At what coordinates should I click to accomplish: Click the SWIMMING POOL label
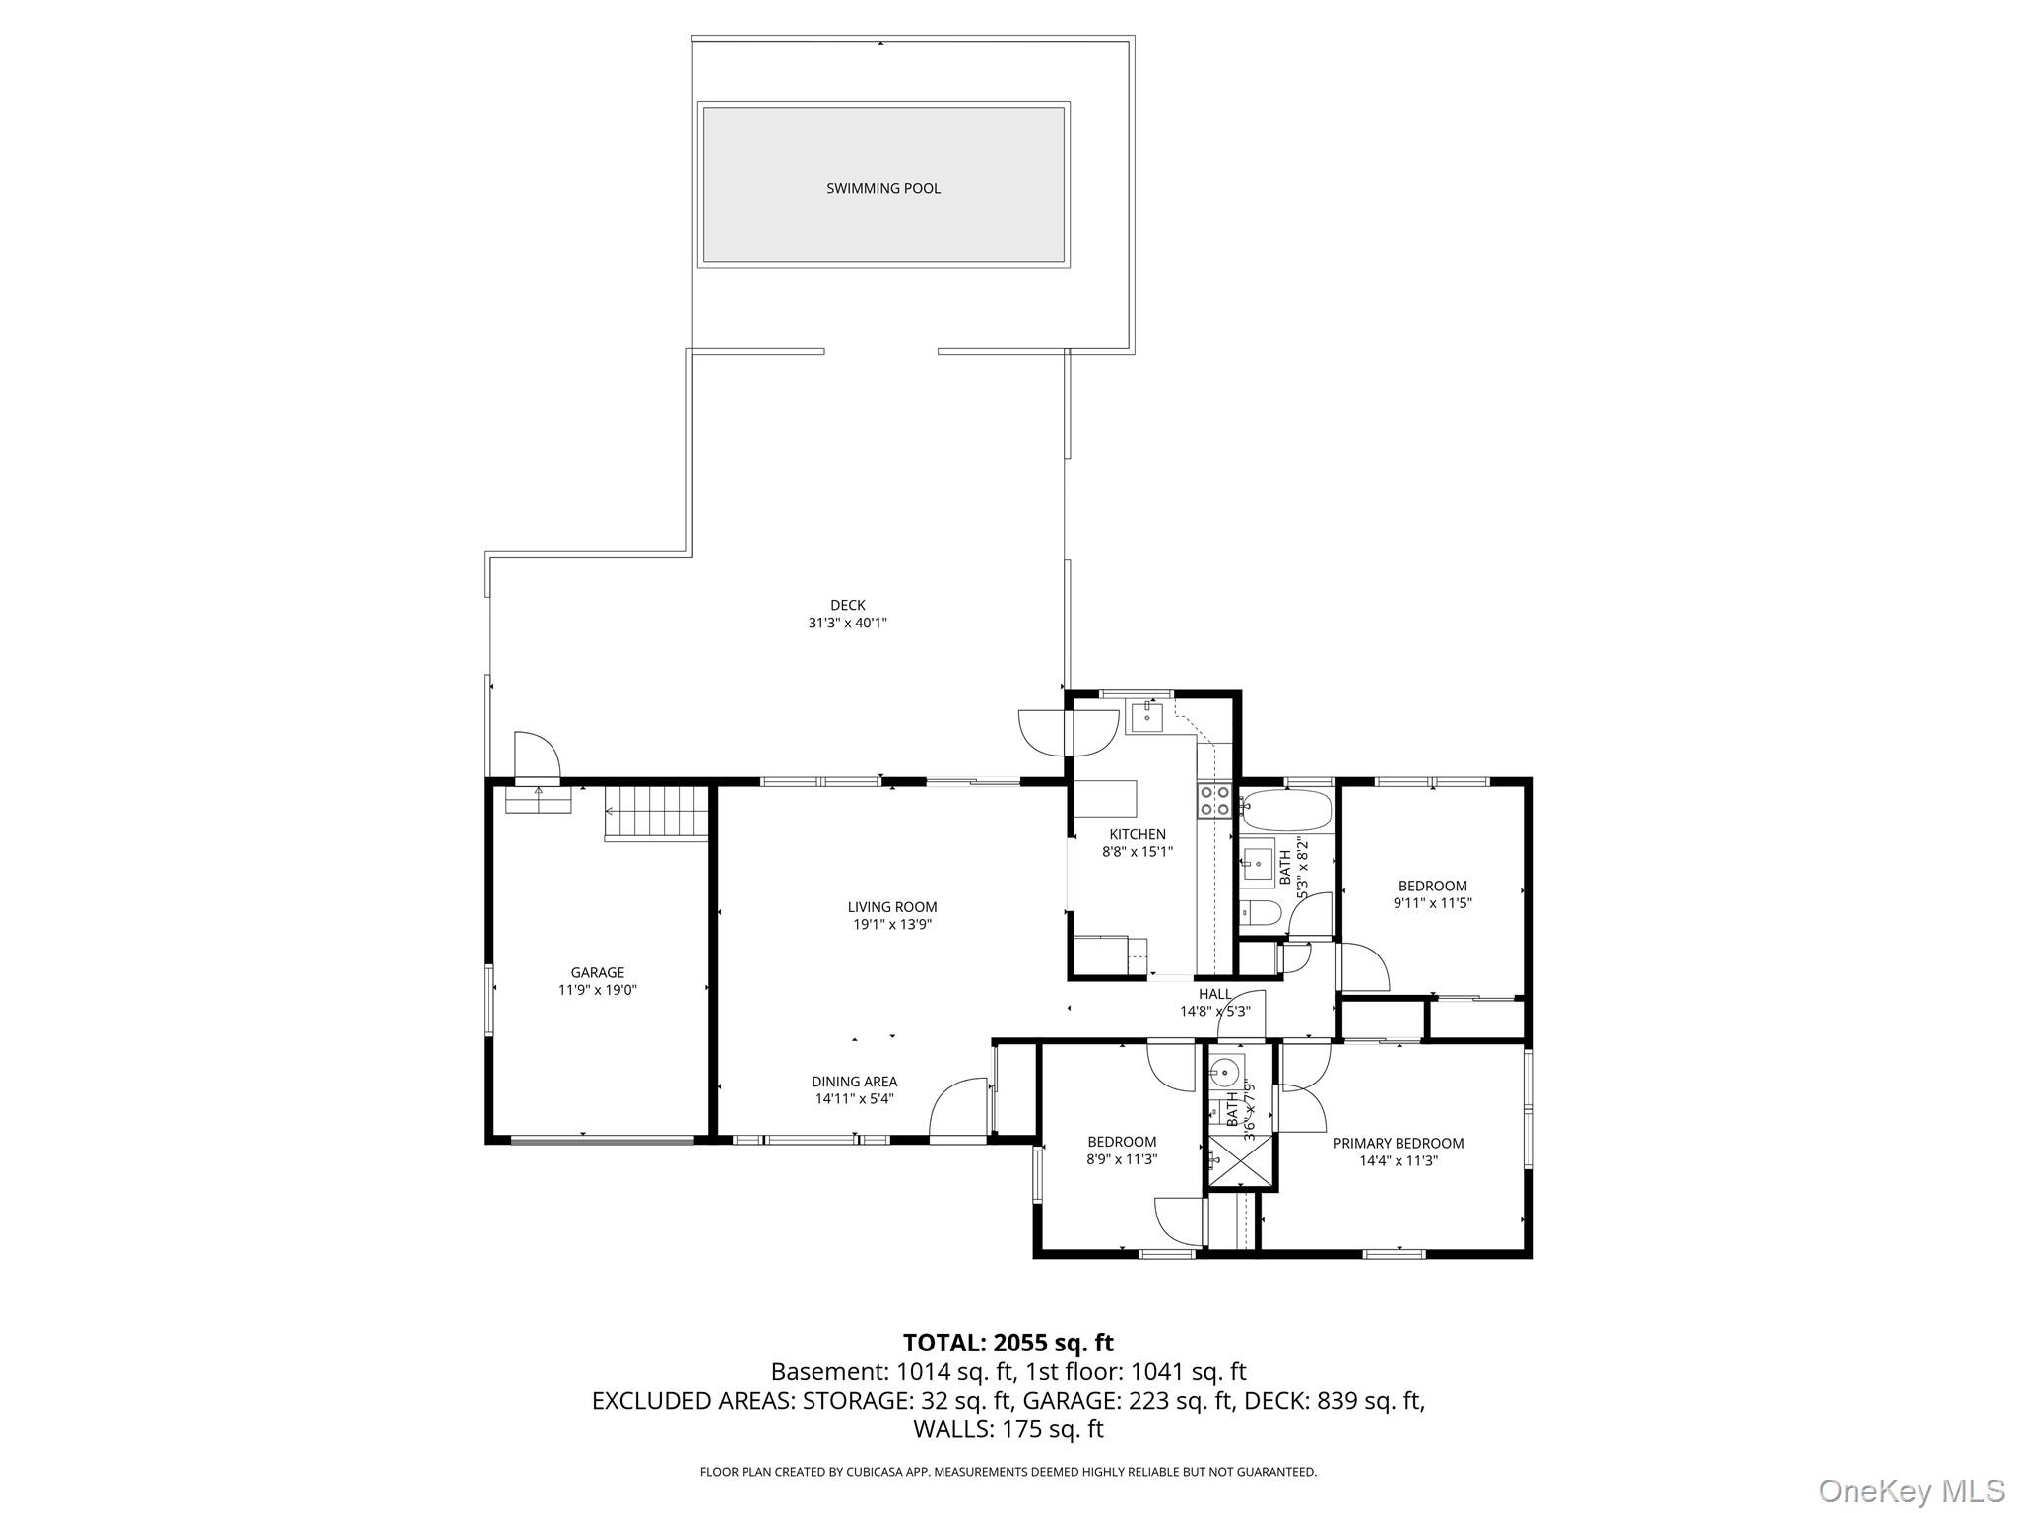pyautogui.click(x=882, y=188)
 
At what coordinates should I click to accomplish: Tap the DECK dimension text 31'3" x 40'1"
pyautogui.click(x=847, y=623)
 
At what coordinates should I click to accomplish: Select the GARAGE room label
pyautogui.click(x=597, y=972)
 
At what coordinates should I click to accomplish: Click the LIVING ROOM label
pyautogui.click(x=892, y=907)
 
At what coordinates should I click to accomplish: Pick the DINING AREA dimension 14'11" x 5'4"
pyautogui.click(x=854, y=1099)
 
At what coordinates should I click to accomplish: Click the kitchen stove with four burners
pyautogui.click(x=1214, y=800)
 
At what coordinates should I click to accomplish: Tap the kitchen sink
pyautogui.click(x=1146, y=718)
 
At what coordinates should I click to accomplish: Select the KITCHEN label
pyautogui.click(x=1138, y=834)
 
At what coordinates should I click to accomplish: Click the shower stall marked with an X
pyautogui.click(x=1241, y=1163)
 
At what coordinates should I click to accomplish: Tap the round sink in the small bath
pyautogui.click(x=1226, y=1070)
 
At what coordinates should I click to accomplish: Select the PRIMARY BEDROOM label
pyautogui.click(x=1398, y=1143)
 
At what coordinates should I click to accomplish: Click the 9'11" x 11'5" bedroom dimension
pyautogui.click(x=1432, y=902)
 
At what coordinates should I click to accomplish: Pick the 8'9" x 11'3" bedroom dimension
pyautogui.click(x=1122, y=1159)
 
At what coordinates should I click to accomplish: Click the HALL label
pyautogui.click(x=1214, y=994)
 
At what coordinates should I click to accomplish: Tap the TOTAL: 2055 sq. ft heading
pyautogui.click(x=1008, y=1343)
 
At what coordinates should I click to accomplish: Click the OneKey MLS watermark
pyautogui.click(x=1911, y=1490)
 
